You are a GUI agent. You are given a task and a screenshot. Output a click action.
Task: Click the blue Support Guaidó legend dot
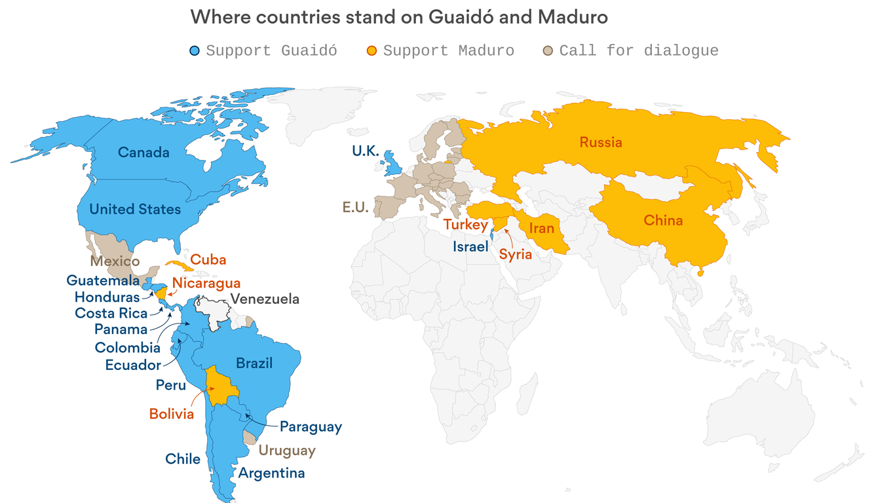click(195, 51)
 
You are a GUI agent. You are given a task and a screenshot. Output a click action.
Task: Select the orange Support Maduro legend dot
click(371, 51)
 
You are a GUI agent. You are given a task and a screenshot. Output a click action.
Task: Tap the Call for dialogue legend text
click(638, 51)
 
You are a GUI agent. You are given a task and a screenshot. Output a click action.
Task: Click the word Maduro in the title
click(572, 17)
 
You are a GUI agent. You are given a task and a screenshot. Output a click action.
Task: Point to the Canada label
click(143, 153)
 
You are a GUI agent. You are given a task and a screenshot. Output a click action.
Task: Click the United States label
click(135, 210)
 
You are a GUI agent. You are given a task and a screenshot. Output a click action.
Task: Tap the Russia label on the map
click(601, 143)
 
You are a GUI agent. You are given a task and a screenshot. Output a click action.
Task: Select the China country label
click(663, 221)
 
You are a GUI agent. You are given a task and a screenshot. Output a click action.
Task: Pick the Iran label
click(542, 229)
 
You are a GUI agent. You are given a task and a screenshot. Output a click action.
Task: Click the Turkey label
click(465, 225)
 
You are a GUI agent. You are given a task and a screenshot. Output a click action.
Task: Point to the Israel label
click(470, 247)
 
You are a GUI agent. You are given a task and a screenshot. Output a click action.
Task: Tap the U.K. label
click(366, 151)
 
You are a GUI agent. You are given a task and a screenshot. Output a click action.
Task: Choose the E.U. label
click(355, 208)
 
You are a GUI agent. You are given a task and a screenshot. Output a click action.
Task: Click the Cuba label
click(208, 260)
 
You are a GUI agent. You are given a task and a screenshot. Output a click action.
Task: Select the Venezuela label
click(265, 299)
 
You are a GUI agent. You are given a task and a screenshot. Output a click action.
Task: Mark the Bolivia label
click(172, 414)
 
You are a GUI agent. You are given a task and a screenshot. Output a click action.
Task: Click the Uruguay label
click(287, 451)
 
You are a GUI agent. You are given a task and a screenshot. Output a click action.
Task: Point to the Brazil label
click(254, 363)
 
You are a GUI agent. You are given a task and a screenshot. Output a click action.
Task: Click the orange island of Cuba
click(178, 265)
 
